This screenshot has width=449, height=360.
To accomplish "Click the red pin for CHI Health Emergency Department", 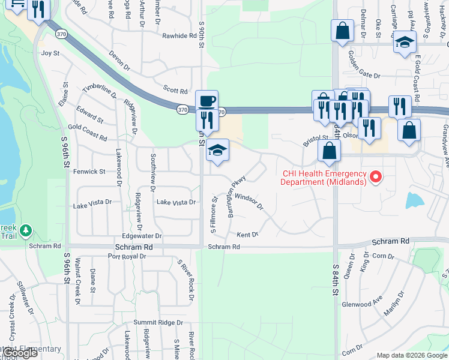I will click(376, 176).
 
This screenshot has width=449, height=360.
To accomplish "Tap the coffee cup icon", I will click(206, 100).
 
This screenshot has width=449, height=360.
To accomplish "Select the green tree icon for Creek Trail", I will click(25, 230).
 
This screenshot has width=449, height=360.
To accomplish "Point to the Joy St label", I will click(50, 53).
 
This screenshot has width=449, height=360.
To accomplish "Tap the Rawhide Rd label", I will click(179, 36).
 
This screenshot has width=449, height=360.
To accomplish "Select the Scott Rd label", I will click(176, 91).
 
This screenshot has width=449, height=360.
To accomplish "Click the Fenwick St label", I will click(89, 172).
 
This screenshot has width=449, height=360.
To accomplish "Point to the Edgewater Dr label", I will click(142, 236).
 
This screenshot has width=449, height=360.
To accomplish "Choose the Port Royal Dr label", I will click(127, 256).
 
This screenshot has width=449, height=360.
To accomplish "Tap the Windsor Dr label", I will click(249, 200).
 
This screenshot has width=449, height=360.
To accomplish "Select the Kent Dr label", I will click(247, 235).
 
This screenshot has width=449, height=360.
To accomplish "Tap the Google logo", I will click(19, 353).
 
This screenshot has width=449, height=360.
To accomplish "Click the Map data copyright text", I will click(411, 355).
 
